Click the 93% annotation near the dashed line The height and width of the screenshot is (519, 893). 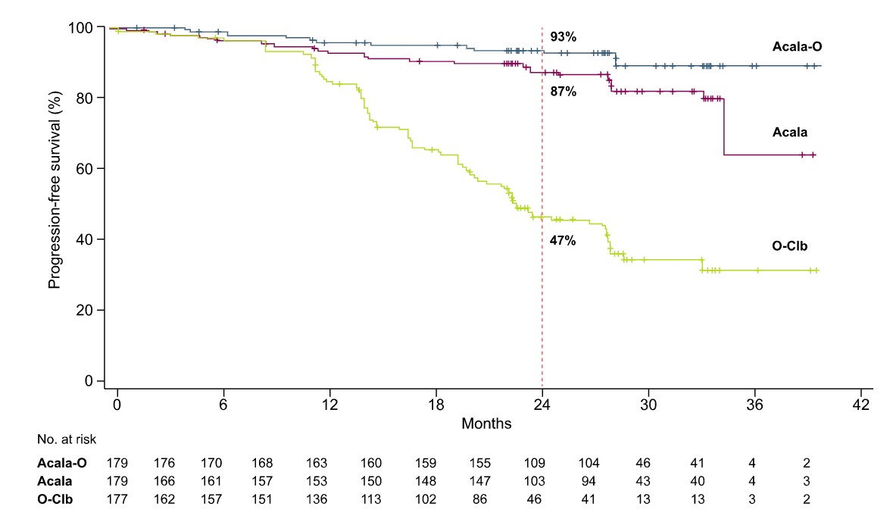[564, 37]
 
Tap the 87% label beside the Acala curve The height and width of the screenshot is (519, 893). [564, 92]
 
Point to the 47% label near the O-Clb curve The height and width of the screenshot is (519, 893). [563, 241]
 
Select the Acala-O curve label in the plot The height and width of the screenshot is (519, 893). [797, 47]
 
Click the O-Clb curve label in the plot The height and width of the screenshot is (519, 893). [789, 246]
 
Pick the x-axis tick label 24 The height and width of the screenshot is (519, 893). [542, 405]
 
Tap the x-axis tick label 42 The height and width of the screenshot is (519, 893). [861, 405]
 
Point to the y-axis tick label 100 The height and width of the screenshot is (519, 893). [80, 27]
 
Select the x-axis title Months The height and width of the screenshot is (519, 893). [486, 424]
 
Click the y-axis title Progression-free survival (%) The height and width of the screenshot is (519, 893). [54, 189]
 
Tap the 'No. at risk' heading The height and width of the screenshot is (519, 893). [67, 439]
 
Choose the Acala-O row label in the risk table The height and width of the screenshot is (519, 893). [62, 463]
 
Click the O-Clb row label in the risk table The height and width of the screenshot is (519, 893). [55, 499]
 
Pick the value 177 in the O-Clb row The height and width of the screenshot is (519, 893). [117, 499]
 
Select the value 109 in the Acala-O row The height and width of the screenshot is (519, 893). [534, 463]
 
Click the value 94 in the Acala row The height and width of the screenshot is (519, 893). [589, 481]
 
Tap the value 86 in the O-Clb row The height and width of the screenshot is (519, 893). [479, 499]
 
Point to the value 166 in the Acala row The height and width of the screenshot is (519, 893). [164, 481]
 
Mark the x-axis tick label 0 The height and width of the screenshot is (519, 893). [117, 405]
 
